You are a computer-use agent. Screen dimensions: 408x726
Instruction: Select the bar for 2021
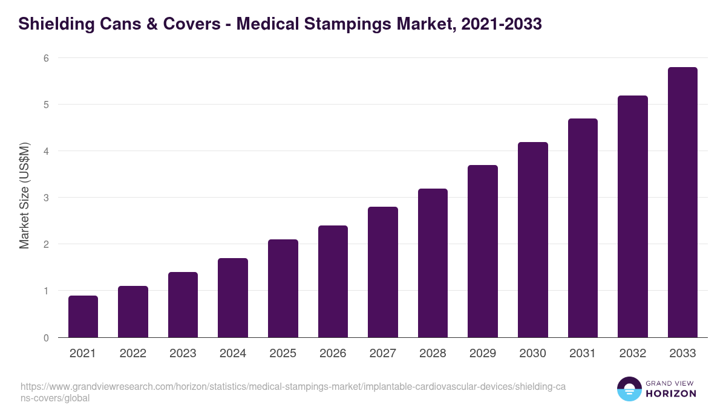(x=83, y=316)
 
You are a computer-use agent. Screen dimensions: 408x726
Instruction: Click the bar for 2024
(x=233, y=297)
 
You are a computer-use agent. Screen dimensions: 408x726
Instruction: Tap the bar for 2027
(x=382, y=272)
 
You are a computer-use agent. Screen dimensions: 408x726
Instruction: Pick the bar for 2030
(x=532, y=239)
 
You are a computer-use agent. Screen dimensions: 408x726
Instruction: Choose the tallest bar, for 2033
(x=682, y=202)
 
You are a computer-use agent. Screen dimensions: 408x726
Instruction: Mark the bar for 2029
(x=483, y=251)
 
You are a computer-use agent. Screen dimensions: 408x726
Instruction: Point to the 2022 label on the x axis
(x=132, y=354)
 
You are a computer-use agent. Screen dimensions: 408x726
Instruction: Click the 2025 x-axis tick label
(x=283, y=354)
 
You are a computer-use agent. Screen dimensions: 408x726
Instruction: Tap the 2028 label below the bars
(x=433, y=354)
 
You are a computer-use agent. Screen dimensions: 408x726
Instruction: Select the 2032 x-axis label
(x=632, y=354)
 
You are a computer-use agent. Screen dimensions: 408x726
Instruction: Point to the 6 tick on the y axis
(x=45, y=58)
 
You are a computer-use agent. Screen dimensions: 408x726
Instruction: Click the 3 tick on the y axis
(x=45, y=198)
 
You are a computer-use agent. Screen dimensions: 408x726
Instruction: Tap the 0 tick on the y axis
(x=45, y=338)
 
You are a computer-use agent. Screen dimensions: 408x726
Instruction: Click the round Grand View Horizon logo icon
(x=629, y=389)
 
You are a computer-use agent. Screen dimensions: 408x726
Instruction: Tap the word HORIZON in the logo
(x=672, y=393)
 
